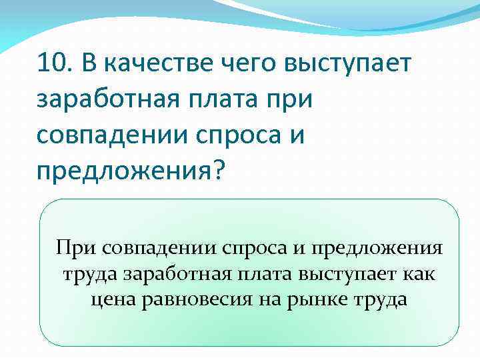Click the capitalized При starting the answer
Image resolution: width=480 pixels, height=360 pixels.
[76, 249]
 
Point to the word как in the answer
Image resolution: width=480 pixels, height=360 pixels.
[419, 274]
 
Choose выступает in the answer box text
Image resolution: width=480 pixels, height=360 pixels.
[346, 274]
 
